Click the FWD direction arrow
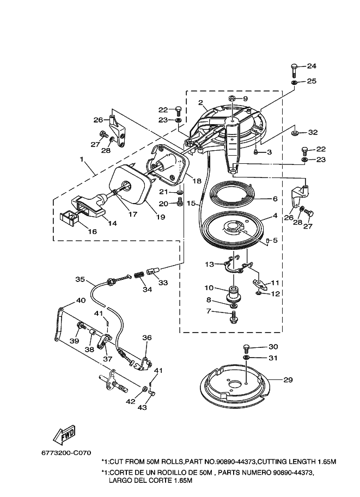64,434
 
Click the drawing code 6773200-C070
66,453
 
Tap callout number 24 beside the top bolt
312,66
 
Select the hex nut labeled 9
232,99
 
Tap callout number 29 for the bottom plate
288,380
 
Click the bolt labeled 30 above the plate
246,348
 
